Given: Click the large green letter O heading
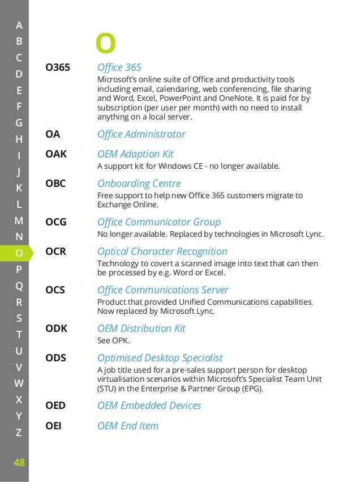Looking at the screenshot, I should pos(105,43).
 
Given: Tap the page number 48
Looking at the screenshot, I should pos(19,463).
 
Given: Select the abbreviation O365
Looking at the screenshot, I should pos(58,68).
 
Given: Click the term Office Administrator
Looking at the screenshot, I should pos(141,134).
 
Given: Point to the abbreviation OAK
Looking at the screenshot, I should pos(56,154).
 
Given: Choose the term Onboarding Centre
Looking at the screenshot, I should pos(139,184).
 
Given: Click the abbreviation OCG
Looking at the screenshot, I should pos(56,222).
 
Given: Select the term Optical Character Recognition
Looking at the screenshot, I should pos(162,251).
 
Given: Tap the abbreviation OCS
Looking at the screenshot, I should pos(55,290).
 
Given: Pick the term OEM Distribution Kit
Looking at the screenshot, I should pos(141,329).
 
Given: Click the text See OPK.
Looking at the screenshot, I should pos(114,340).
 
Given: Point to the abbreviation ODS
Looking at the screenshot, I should pos(55,358).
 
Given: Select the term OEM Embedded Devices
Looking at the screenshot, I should pos(149,406).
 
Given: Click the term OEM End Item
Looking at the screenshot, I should pos(128,426).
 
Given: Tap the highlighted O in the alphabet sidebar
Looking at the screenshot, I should pos(19,253).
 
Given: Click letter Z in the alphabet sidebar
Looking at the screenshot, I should pos(19,433).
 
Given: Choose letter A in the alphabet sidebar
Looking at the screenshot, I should pos(19,25).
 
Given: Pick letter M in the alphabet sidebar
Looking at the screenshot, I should pos(19,220).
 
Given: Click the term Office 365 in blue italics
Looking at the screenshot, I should pos(119,67).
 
